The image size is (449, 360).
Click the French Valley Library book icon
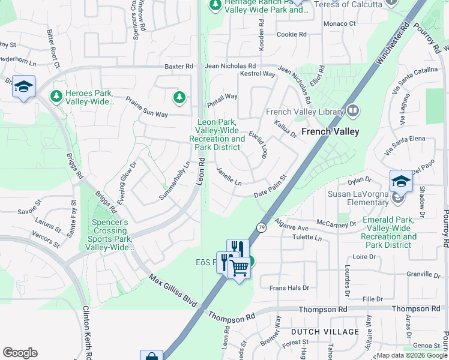[x=353, y=111]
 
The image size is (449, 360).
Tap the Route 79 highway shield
[x=261, y=227]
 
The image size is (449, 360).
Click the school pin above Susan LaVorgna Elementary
[x=401, y=181]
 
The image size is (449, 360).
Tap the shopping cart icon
[x=240, y=268]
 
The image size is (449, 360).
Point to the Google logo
[x=20, y=353]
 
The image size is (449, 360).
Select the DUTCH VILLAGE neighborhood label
[x=316, y=332]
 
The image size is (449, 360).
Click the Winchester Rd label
[x=393, y=44]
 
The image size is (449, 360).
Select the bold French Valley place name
[x=330, y=131]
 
